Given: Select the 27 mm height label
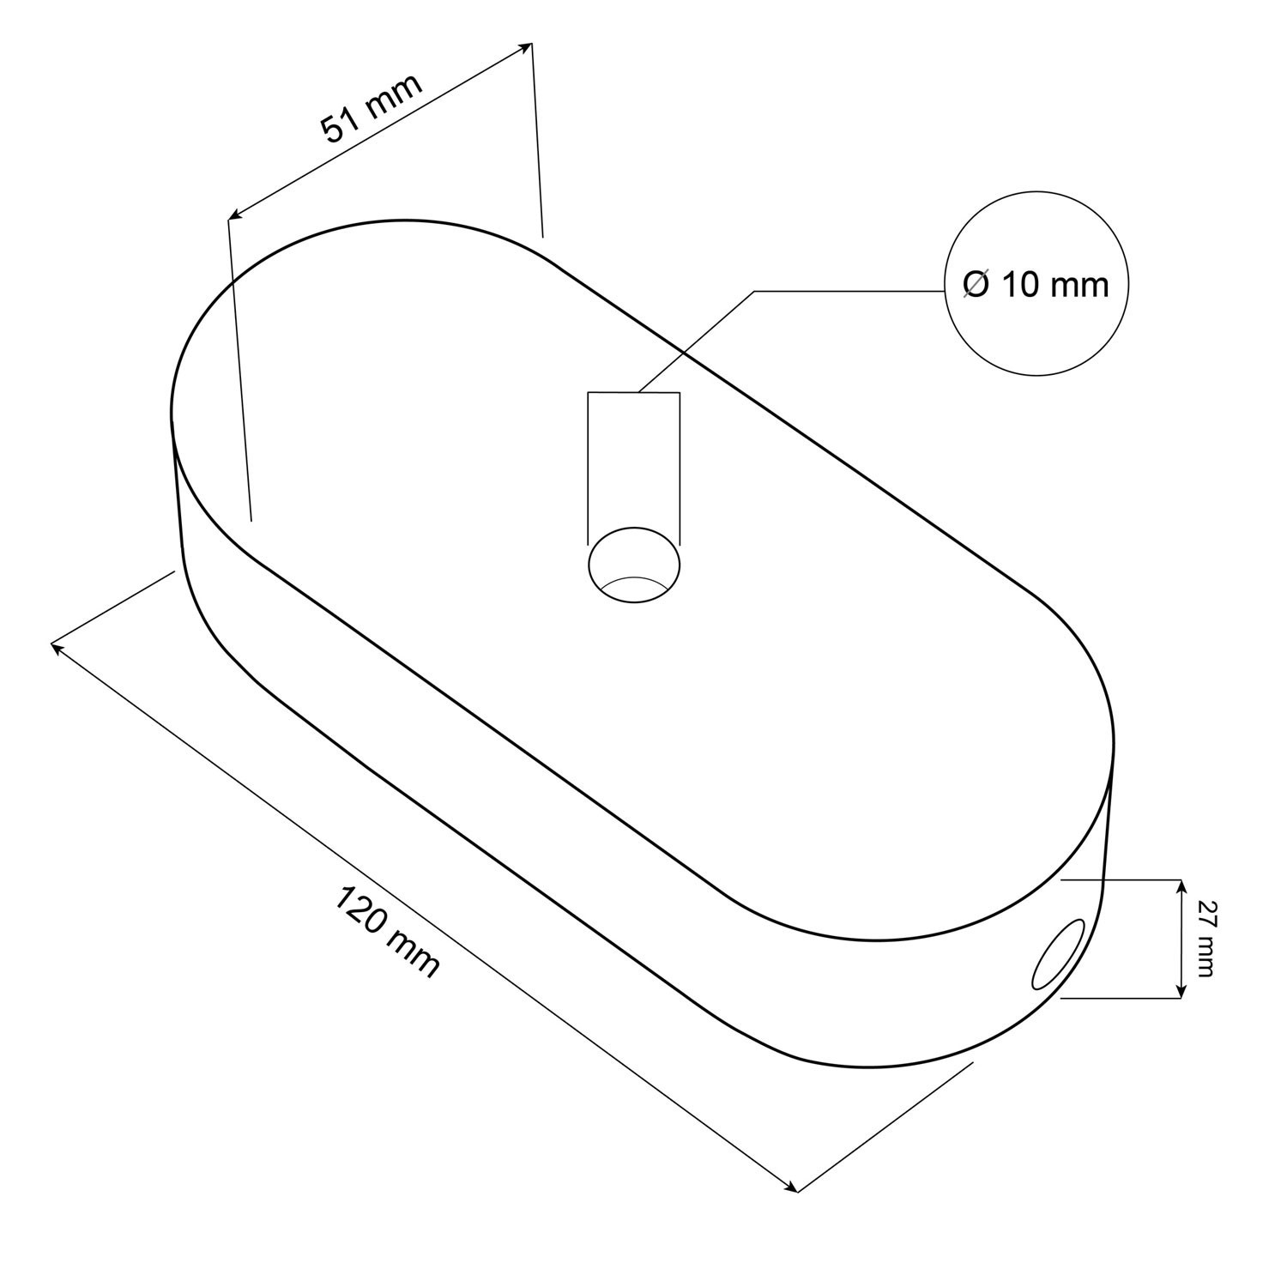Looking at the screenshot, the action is click(x=1204, y=939).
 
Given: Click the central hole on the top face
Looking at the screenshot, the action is click(x=634, y=566).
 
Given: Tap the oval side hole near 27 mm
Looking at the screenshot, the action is click(x=1060, y=953).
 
